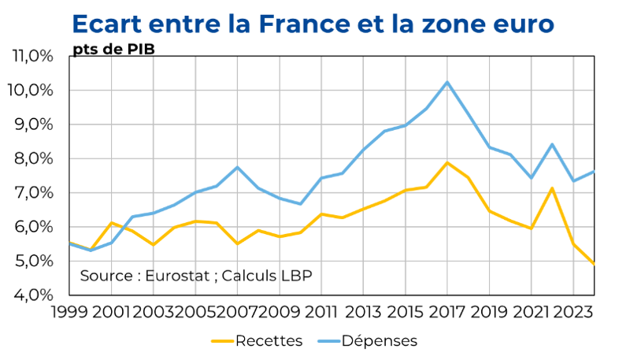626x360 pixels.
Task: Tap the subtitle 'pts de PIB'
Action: pos(113,49)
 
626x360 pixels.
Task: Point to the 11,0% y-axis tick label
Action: pos(32,57)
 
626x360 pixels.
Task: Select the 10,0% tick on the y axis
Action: pos(32,91)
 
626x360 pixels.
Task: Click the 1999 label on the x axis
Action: pos(69,312)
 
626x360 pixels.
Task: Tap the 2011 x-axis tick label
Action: pos(323,312)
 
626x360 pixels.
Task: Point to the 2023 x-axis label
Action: pos(573,312)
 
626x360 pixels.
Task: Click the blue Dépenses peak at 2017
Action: pos(447,82)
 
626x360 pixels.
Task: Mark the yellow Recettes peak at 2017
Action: pos(447,163)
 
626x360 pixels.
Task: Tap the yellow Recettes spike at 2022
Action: pos(553,188)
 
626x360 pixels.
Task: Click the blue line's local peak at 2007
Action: pos(237,167)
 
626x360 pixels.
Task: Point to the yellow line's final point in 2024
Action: pos(594,265)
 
